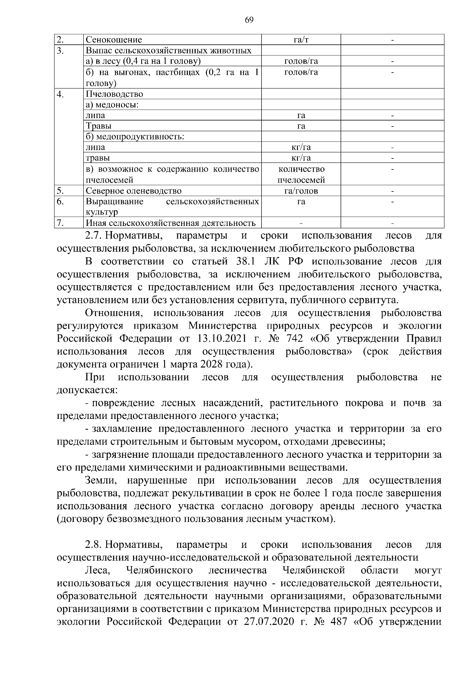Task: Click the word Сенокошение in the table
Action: pos(114,40)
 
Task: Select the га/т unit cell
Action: pos(301,40)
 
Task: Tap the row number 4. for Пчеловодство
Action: pos(60,94)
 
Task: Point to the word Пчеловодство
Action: pos(114,94)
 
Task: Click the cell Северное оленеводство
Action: pos(134,191)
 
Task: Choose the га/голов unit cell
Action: pos(301,191)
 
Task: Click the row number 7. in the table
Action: pos(60,223)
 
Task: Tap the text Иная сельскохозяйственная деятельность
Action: pos(170,223)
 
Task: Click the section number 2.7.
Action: pos(94,236)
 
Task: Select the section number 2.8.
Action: pos(94,545)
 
